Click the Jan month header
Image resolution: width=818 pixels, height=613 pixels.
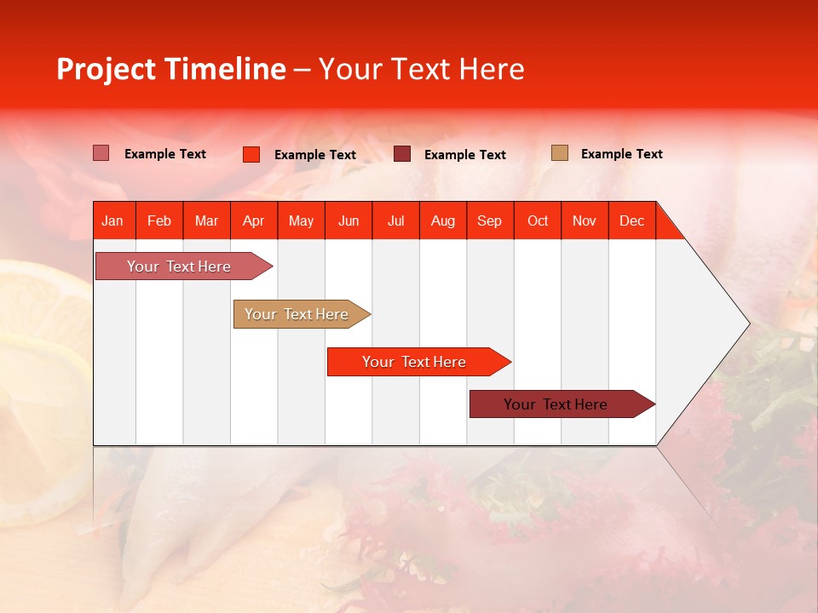pyautogui.click(x=113, y=221)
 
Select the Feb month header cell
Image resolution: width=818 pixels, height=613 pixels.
pyautogui.click(x=159, y=221)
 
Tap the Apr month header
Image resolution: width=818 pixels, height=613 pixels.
pyautogui.click(x=254, y=221)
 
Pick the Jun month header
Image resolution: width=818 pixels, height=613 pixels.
pyautogui.click(x=349, y=221)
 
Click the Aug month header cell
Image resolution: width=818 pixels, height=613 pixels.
pyautogui.click(x=443, y=221)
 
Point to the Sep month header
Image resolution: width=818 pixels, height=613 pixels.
pyautogui.click(x=490, y=221)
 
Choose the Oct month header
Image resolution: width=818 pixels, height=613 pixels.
pyautogui.click(x=538, y=221)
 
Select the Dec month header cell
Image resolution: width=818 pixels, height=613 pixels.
pyautogui.click(x=632, y=221)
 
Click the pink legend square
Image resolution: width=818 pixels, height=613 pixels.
pyautogui.click(x=101, y=153)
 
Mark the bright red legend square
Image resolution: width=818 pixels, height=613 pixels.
pyautogui.click(x=251, y=154)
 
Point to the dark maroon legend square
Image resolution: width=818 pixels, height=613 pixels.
pyautogui.click(x=402, y=154)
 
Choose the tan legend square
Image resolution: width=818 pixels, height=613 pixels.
pyautogui.click(x=560, y=153)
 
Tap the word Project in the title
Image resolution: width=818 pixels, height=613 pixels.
pyautogui.click(x=106, y=69)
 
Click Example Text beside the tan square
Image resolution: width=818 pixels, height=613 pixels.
pyautogui.click(x=621, y=154)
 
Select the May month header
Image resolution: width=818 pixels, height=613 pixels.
pyautogui.click(x=301, y=221)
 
